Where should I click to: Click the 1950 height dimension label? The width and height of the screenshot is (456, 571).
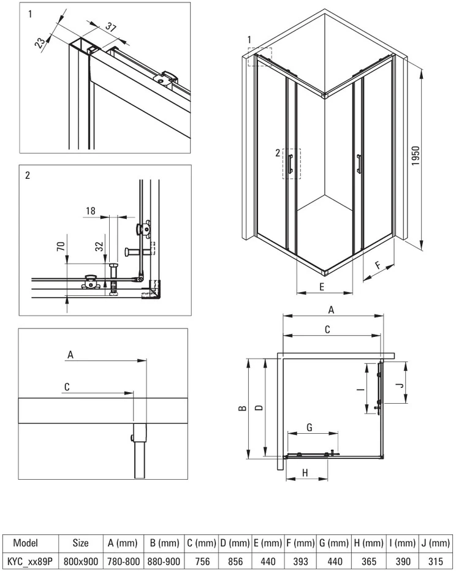coord(416,156)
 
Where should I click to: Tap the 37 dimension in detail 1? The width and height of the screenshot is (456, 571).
coord(112,27)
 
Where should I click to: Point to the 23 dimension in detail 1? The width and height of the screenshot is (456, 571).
coord(41,41)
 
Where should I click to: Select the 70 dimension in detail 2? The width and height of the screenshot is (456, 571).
coord(61,246)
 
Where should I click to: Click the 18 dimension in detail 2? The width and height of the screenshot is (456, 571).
coord(91,211)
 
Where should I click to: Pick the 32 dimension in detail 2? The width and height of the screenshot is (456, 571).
coord(99,246)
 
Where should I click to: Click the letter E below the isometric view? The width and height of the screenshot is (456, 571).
coord(322,287)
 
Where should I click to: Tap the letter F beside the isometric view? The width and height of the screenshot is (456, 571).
coord(378,265)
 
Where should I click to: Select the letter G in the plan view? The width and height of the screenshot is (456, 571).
coord(310,427)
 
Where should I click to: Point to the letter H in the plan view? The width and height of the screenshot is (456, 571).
coord(305,473)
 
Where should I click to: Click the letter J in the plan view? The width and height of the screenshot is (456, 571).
coord(400,385)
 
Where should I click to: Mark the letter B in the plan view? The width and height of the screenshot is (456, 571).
coord(243,408)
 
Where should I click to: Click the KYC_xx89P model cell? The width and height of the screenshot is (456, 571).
coord(31,562)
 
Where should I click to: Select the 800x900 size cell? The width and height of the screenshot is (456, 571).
coord(81,562)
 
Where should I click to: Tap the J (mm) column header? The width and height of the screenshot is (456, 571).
coord(436,543)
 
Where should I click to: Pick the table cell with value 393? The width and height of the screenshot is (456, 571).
coord(300,562)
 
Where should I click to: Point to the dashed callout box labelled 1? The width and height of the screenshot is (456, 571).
coord(260,57)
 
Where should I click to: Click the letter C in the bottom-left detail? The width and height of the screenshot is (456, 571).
coord(67,387)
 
